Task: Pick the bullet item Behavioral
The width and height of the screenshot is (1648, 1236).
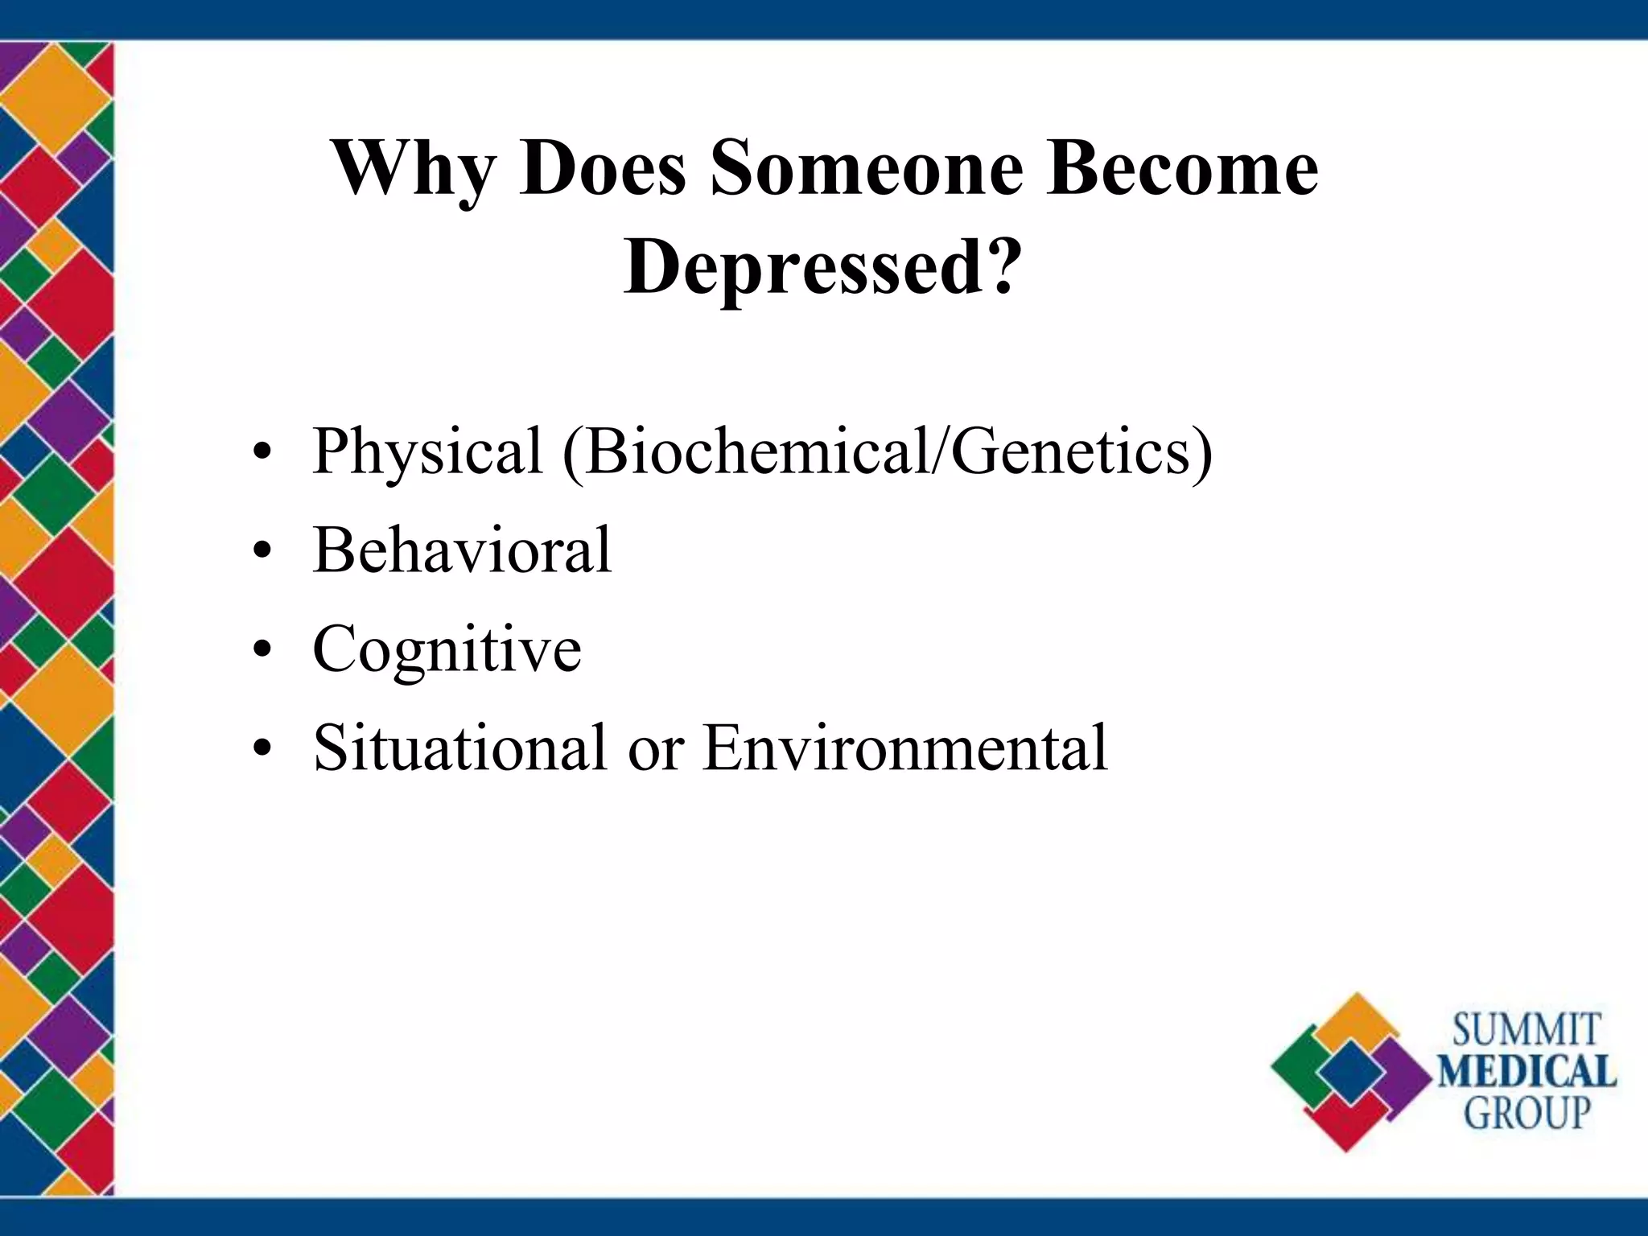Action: [x=462, y=550]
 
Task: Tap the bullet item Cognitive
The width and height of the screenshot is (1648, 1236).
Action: [x=447, y=650]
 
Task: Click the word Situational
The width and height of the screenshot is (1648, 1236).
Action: [x=459, y=748]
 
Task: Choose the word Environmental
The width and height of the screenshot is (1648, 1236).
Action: [x=904, y=748]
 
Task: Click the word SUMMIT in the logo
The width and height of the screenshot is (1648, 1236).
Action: [x=1526, y=1031]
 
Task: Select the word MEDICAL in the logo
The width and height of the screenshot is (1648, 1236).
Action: [x=1526, y=1072]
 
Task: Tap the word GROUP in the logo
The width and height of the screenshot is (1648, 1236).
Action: [x=1526, y=1114]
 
